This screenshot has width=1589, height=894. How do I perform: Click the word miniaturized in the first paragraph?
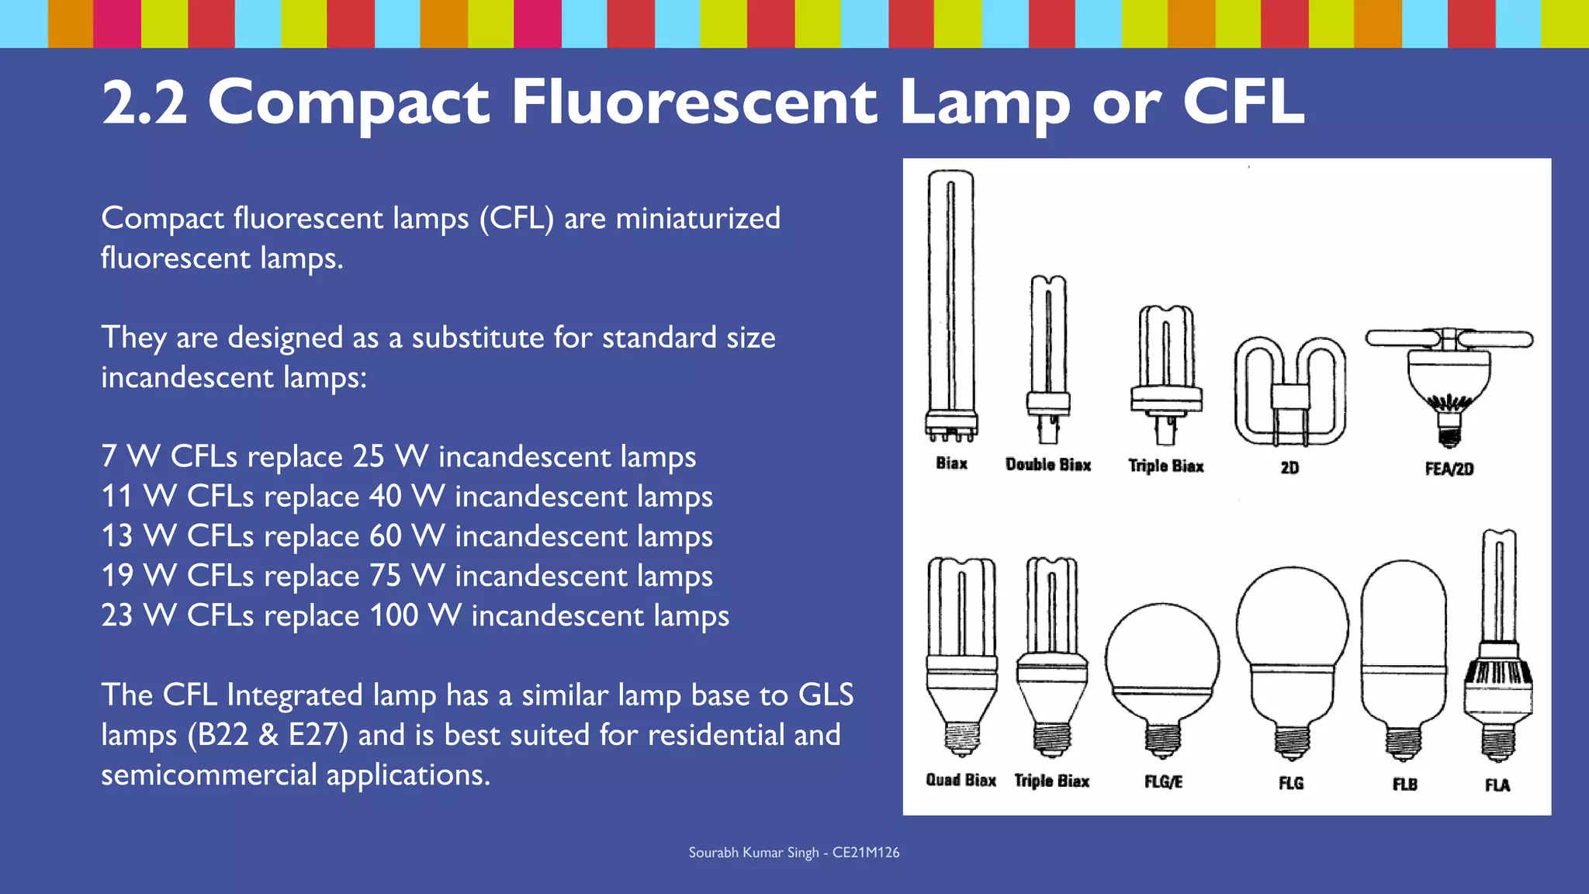[698, 218]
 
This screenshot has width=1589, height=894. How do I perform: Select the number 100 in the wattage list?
[394, 615]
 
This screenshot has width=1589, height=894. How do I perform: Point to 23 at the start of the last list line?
[117, 615]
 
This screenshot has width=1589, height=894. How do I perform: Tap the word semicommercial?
[209, 774]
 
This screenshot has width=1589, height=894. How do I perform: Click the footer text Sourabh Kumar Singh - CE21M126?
[794, 852]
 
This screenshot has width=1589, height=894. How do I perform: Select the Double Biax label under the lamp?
[1048, 465]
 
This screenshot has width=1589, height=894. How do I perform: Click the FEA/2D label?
[1449, 469]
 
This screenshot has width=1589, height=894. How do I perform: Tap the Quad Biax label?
[961, 780]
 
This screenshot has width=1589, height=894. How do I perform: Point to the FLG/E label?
[1163, 781]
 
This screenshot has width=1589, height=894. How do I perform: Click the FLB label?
[1404, 784]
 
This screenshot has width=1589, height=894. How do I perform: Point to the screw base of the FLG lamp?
[1292, 742]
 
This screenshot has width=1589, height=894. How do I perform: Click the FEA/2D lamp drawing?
[1449, 380]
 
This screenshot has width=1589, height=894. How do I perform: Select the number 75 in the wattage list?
[385, 576]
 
